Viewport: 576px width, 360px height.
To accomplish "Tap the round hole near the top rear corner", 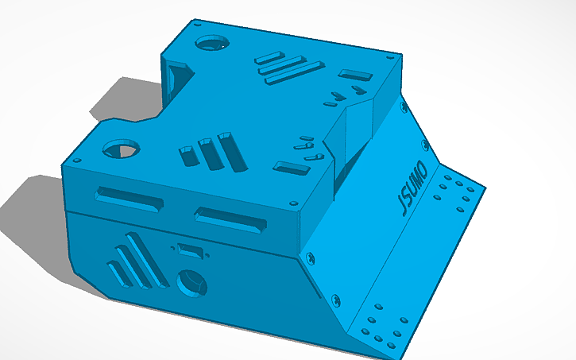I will pos(212,41).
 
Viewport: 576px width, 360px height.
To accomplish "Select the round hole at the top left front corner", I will pos(119,148).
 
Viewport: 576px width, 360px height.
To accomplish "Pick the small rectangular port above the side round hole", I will pos(189,250).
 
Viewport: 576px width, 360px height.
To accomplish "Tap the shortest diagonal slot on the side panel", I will pos(118,273).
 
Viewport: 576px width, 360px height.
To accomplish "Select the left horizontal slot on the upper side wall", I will pos(129,199).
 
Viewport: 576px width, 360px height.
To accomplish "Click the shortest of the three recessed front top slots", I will pos(187,155).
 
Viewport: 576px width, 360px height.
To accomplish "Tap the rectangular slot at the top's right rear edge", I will pos(355,76).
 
